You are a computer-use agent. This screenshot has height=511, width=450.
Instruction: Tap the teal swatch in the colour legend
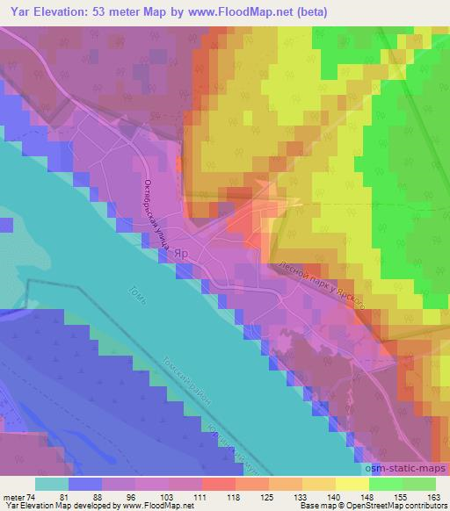coord(52,484)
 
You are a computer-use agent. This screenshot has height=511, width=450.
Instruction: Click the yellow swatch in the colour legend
coord(352,484)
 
